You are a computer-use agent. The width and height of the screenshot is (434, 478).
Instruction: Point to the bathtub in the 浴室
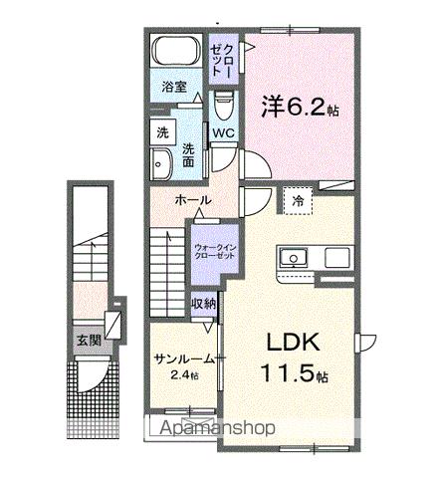click(x=176, y=55)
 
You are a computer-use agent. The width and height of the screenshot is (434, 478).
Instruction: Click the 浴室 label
click(x=174, y=87)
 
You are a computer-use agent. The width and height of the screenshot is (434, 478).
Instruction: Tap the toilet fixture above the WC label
click(x=223, y=103)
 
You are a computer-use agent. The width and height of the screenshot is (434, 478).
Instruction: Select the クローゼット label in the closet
click(x=220, y=61)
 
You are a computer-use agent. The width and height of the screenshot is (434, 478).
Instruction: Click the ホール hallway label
click(x=192, y=200)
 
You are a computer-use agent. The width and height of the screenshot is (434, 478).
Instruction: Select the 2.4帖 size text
click(x=183, y=375)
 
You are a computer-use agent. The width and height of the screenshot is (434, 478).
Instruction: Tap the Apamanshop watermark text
click(x=217, y=430)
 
